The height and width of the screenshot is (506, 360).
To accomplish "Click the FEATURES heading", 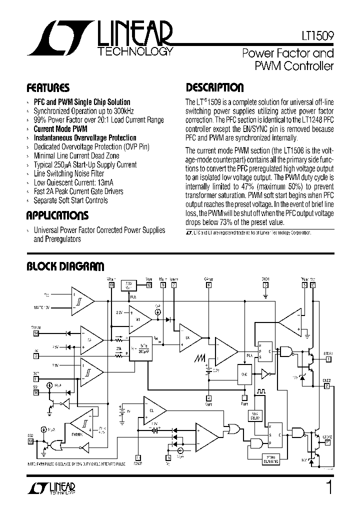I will (48, 88).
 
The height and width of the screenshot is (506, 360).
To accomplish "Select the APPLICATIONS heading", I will (57, 216).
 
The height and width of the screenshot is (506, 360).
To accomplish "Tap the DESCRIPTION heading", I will (214, 88).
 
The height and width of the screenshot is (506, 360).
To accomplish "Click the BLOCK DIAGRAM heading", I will (65, 266).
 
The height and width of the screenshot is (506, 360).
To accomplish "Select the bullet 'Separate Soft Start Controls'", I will (70, 200).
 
